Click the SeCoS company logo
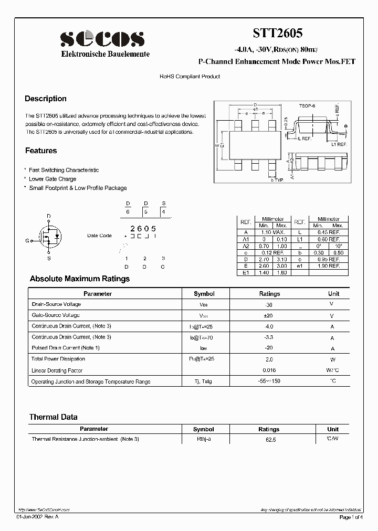coord(102,39)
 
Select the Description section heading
coord(46,99)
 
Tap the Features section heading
coord(41,151)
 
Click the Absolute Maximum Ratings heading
coord(79,279)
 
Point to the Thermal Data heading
coord(53,417)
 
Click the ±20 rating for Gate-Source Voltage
coord(269,315)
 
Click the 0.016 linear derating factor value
coord(269,370)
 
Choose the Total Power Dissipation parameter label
coord(58,359)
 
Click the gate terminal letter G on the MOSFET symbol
coord(27,241)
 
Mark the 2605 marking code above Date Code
coord(143,228)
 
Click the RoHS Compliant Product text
coord(190,77)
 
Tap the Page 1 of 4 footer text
coord(351,517)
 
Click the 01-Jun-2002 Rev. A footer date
coord(38,517)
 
